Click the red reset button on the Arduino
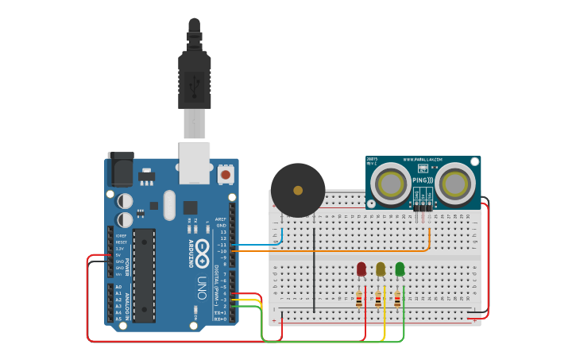(226, 173)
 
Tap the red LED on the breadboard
(361, 269)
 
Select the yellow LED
(381, 269)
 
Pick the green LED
(400, 269)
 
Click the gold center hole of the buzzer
(298, 190)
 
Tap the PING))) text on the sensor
(423, 180)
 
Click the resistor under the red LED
(359, 299)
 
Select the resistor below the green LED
(397, 299)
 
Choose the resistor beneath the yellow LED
(378, 299)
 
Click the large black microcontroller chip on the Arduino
(144, 274)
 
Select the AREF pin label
(221, 219)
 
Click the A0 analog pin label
(118, 287)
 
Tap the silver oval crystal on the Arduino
(168, 204)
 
